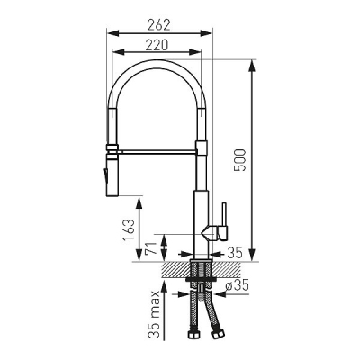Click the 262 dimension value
tap(159, 25)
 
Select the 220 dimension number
tap(157, 45)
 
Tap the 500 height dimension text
tap(240, 160)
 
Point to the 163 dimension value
tap(129, 230)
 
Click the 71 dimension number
tap(151, 248)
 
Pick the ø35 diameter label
tap(238, 285)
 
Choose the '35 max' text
tap(155, 315)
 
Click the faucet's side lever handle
tap(224, 221)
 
